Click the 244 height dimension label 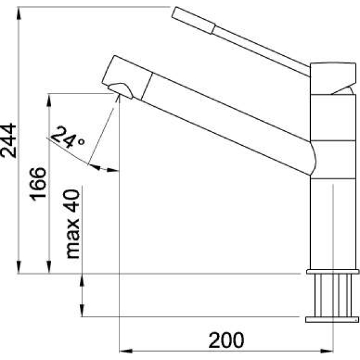9,141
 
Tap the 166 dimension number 38,184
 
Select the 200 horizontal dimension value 226,340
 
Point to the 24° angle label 67,137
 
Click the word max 73,239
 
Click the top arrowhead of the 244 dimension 19,13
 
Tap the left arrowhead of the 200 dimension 126,351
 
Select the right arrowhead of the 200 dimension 327,351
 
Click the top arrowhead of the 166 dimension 49,100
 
